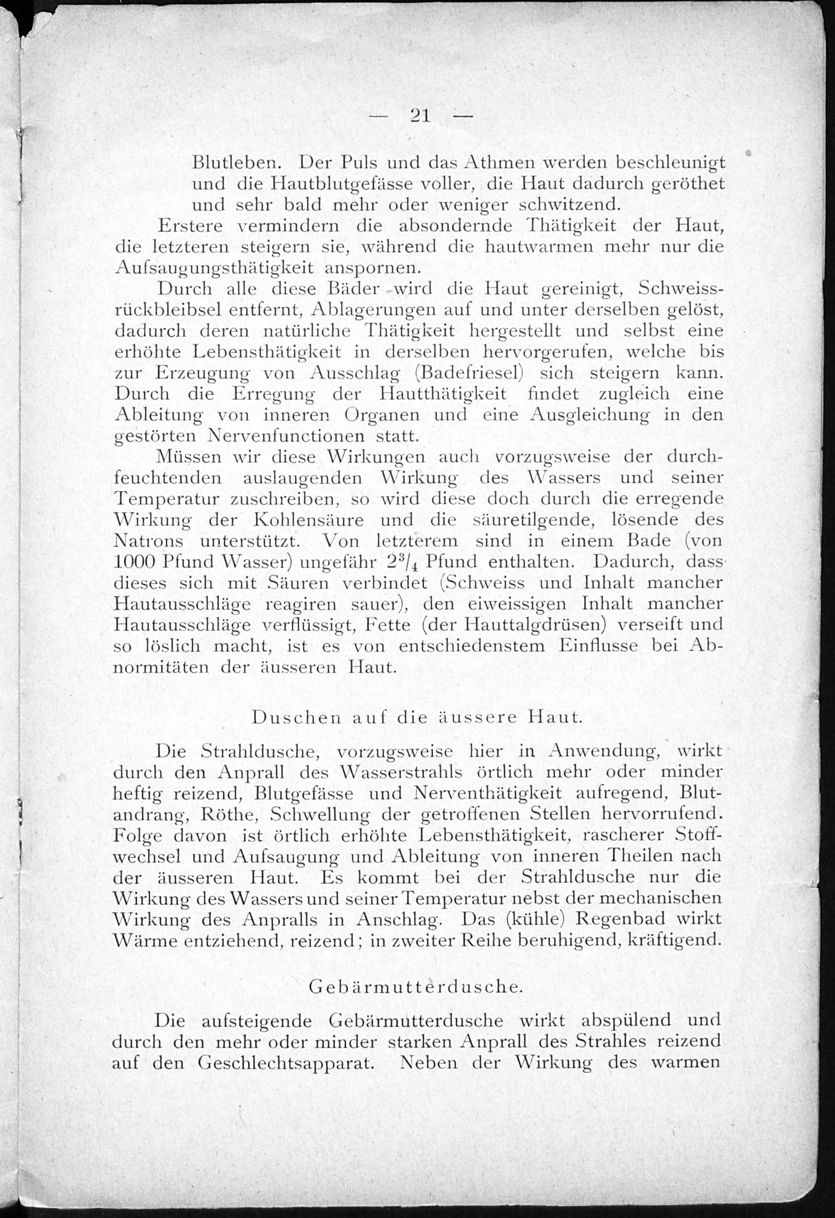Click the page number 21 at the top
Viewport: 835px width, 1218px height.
tap(420, 115)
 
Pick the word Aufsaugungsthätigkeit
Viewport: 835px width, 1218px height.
tap(214, 268)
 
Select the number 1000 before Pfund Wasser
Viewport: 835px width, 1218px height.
tap(135, 562)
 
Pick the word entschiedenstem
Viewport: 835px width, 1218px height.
tap(472, 646)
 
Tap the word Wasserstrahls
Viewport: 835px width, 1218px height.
tap(401, 772)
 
